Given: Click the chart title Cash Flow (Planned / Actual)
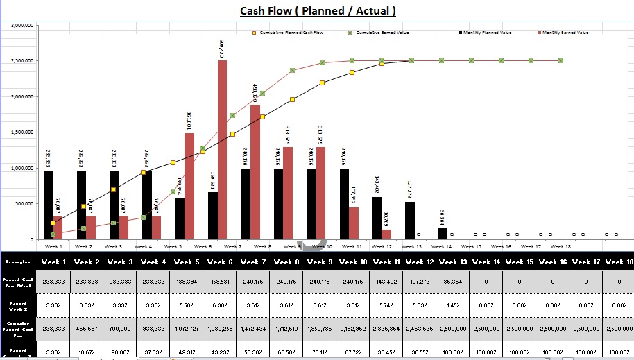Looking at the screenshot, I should [x=318, y=10].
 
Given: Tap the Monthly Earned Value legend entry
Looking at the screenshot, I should [x=565, y=33].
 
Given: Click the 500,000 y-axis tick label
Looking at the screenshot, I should [x=24, y=204].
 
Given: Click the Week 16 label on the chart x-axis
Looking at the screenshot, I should [x=501, y=246].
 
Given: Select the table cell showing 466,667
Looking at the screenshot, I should [x=87, y=327].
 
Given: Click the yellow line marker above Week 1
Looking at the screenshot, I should [x=53, y=223].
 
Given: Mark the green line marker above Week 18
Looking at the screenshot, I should [x=560, y=61].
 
